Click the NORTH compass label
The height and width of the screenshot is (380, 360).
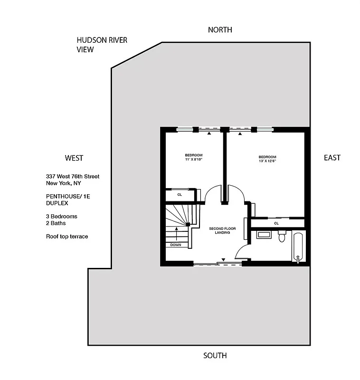[x=220, y=30]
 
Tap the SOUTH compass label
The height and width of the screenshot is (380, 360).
[x=215, y=355]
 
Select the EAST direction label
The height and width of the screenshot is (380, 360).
[x=332, y=158]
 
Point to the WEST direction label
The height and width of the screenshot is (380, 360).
[x=74, y=158]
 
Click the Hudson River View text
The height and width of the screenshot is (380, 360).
[x=102, y=44]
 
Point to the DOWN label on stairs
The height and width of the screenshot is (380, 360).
[x=176, y=245]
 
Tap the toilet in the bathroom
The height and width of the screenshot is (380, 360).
[x=282, y=236]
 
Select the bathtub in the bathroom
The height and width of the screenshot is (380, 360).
[x=299, y=247]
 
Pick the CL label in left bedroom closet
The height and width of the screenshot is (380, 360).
[x=180, y=194]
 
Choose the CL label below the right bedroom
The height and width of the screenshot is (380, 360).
[x=276, y=223]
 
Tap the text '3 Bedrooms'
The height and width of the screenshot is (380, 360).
[x=61, y=216]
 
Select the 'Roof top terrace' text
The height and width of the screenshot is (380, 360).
[x=67, y=236]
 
